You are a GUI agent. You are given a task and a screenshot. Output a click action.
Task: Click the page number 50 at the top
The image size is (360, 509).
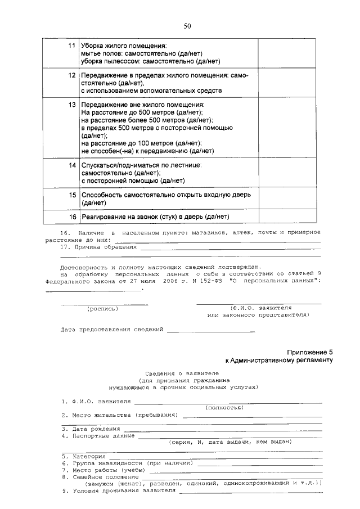point(187,25)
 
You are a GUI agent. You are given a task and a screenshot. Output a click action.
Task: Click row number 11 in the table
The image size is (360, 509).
point(71,44)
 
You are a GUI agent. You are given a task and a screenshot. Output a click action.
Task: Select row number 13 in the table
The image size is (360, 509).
point(71,105)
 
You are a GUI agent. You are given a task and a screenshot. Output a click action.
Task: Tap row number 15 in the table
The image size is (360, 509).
point(71,195)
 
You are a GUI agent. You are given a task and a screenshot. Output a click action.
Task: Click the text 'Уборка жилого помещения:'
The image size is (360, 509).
point(124,44)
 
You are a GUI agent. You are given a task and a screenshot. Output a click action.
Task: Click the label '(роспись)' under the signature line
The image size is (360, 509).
point(102,309)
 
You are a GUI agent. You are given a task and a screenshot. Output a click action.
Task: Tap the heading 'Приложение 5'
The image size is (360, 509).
point(310,351)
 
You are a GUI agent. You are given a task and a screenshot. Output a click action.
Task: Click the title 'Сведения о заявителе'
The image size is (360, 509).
point(183,373)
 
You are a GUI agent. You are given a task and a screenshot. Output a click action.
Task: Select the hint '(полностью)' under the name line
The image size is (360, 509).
point(225,407)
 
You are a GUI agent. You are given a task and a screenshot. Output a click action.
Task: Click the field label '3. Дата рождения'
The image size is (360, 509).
point(91,429)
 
